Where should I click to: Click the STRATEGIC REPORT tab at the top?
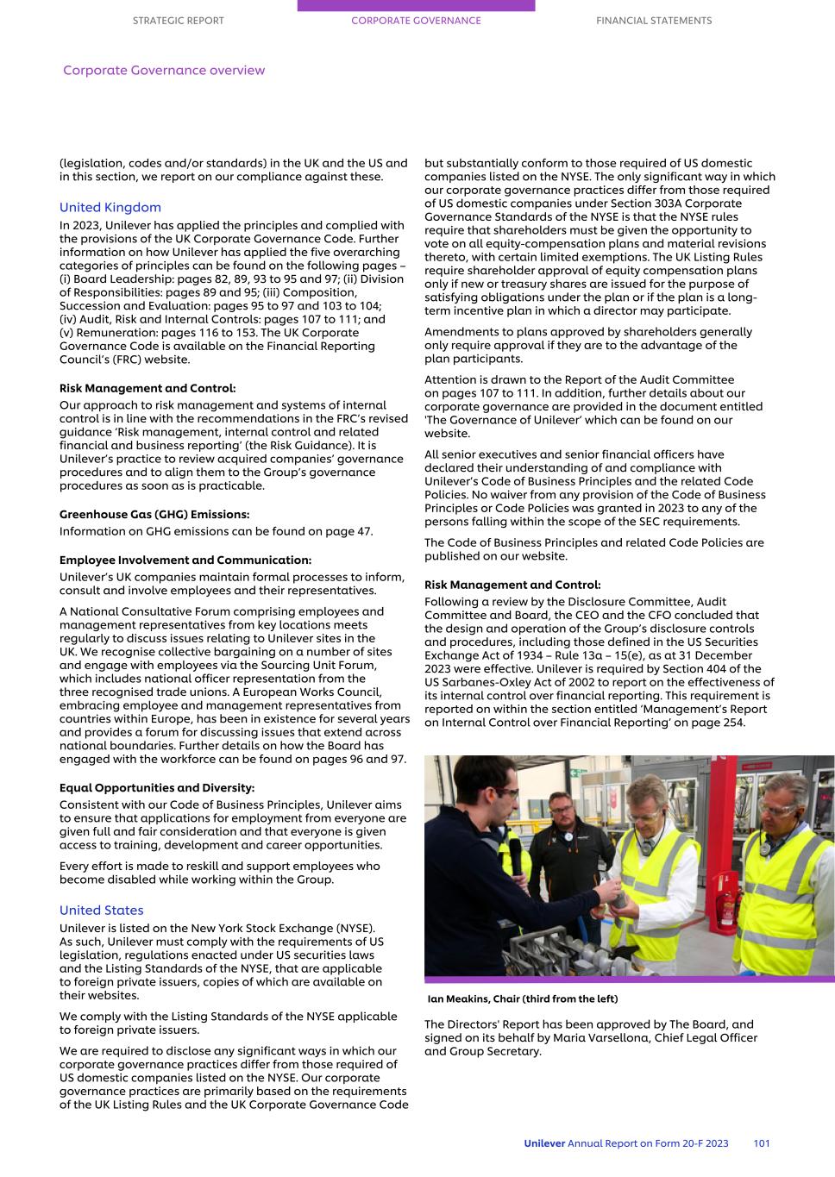(178, 21)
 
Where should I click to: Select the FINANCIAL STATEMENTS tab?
(654, 21)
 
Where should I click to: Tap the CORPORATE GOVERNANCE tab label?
(416, 21)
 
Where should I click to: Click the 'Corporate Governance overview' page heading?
(164, 71)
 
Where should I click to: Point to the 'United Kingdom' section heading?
(110, 208)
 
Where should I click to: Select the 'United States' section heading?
(102, 911)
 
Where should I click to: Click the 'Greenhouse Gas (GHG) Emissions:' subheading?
(154, 515)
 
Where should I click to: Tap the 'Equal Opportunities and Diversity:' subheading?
(157, 788)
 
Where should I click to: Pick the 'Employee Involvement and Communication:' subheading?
(185, 560)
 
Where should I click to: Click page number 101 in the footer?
(762, 1143)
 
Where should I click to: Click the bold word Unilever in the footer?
(544, 1143)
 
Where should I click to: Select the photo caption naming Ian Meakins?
(523, 999)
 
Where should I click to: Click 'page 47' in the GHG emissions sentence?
(351, 531)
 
